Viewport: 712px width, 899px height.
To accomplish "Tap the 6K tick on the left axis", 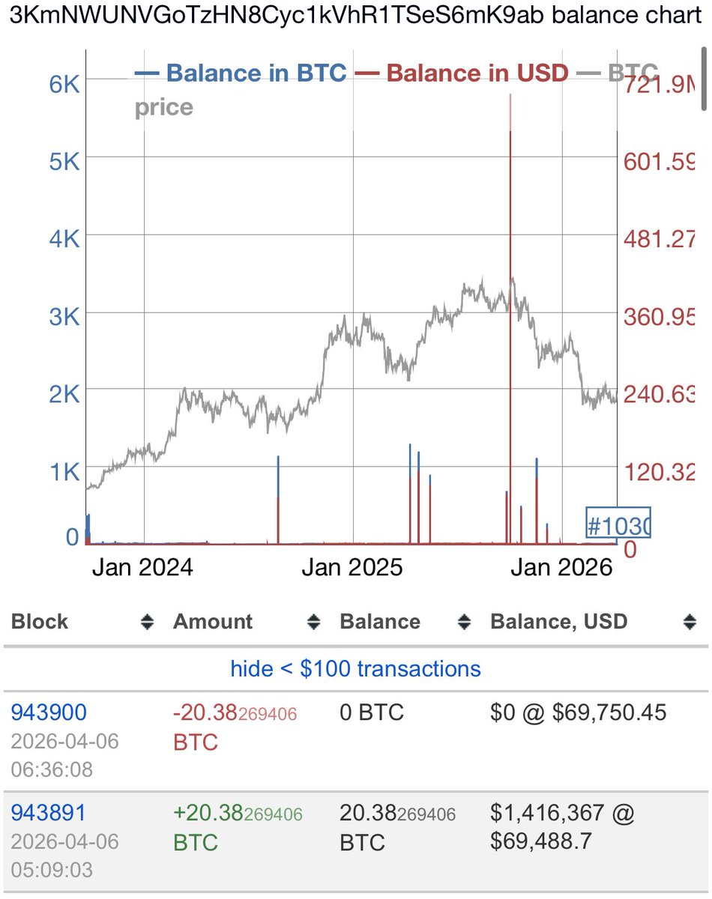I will click(x=64, y=84).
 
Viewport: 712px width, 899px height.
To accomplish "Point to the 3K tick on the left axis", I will click(x=64, y=316).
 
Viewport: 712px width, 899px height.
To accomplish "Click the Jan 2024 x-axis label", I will click(x=142, y=567).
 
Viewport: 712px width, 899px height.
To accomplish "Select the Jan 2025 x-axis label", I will click(x=352, y=567).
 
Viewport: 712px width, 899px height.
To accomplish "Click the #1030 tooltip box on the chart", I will click(x=618, y=524).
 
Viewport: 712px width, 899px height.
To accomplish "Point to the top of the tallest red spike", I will click(x=510, y=96).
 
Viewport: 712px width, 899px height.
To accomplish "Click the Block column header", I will click(x=40, y=622).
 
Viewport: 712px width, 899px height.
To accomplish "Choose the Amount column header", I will click(x=213, y=622).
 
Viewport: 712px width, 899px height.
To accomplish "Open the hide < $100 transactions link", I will click(x=355, y=668).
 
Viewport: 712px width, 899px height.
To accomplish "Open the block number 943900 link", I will click(x=49, y=712).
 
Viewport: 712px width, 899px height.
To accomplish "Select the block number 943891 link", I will click(x=49, y=812).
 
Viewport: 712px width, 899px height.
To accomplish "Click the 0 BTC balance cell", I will click(x=372, y=712).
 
